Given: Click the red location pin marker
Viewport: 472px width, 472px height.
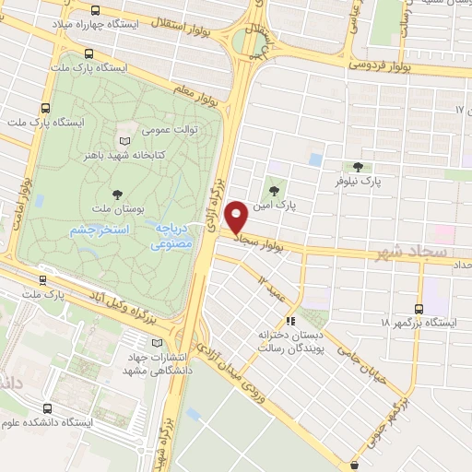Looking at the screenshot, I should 236,218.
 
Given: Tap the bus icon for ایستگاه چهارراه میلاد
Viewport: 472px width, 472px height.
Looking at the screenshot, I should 97,11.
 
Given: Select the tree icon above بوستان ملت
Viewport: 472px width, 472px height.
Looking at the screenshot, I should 117,194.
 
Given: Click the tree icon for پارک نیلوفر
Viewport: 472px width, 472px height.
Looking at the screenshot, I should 357,167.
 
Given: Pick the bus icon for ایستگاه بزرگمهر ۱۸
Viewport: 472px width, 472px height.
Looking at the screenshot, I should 419,309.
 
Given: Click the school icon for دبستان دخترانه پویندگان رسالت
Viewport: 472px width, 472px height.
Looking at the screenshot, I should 290,322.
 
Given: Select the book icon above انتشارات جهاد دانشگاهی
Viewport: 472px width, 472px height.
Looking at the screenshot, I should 141,343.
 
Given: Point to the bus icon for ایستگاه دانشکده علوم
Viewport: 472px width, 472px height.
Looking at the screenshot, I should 46,407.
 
